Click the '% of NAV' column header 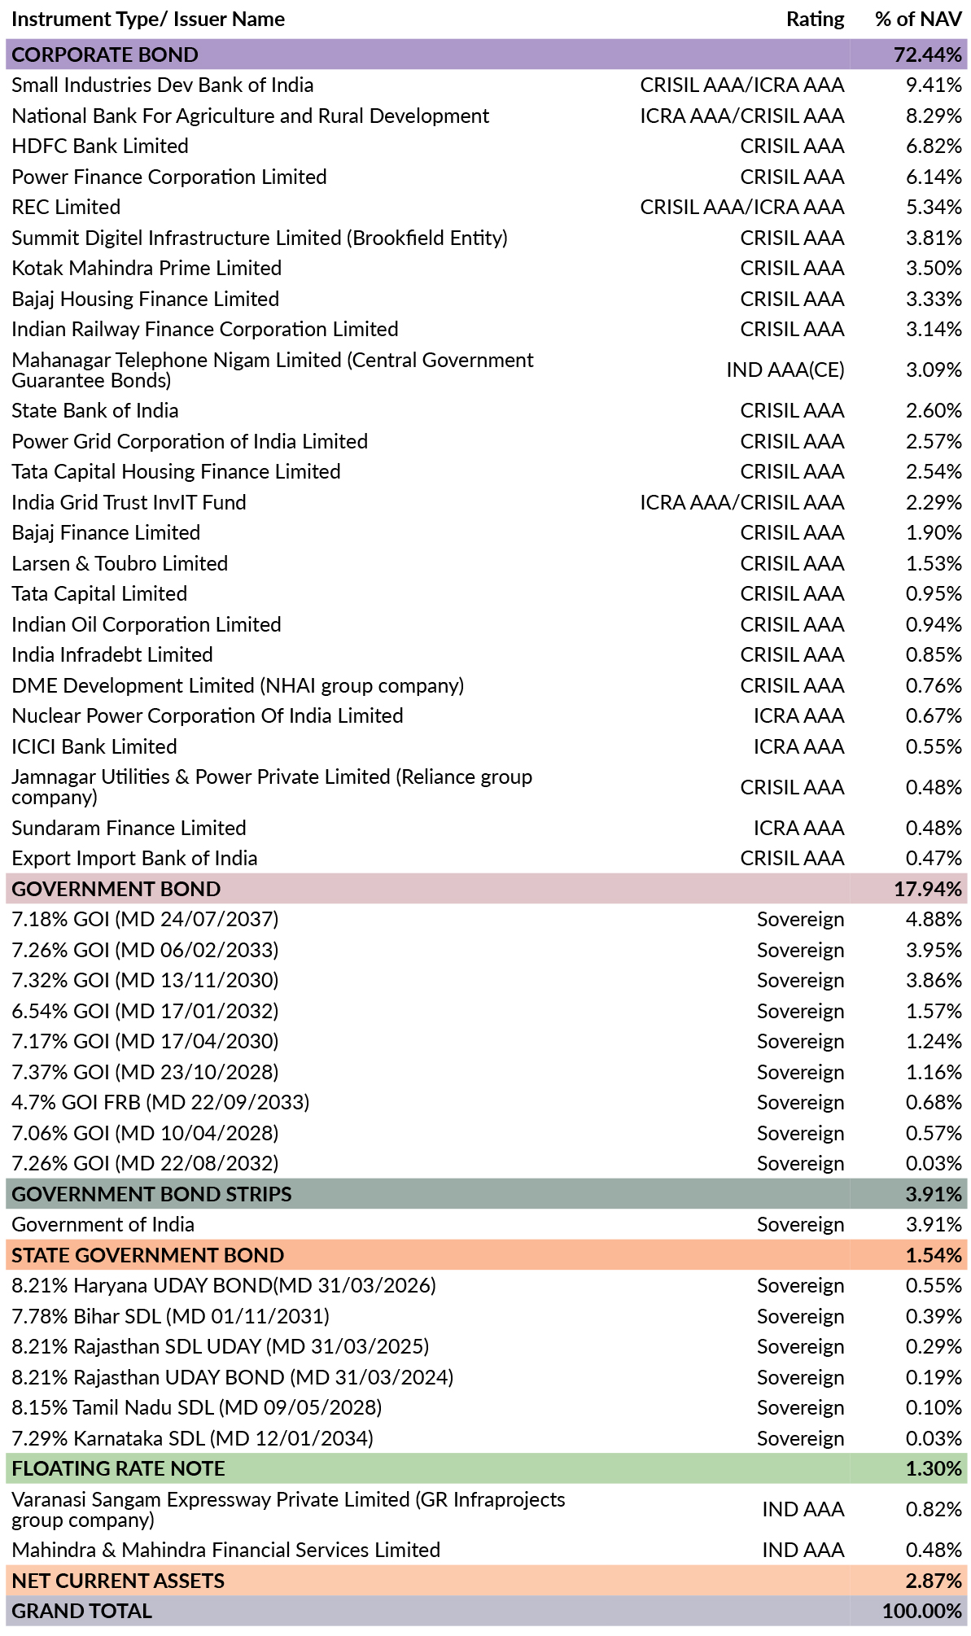pos(918,19)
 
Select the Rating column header pos(815,20)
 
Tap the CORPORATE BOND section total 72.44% pos(928,55)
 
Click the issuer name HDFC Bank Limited pos(100,147)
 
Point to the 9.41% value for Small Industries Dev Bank pos(934,85)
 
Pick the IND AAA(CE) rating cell pos(785,370)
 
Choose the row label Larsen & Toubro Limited pos(120,563)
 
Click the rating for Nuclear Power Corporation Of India pos(798,716)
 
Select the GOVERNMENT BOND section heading pos(116,889)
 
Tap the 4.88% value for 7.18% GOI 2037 pos(934,920)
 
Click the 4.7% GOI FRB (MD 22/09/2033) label pos(160,1103)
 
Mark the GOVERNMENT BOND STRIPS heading pos(151,1194)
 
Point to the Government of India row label pos(103,1225)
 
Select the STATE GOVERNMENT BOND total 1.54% pos(934,1255)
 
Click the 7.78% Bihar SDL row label pos(171,1316)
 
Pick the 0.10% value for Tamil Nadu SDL pos(934,1408)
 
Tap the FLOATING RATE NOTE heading pos(119,1468)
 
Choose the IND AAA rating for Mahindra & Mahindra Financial pos(803,1551)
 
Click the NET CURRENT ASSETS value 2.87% pos(934,1581)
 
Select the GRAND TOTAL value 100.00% pos(922,1611)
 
